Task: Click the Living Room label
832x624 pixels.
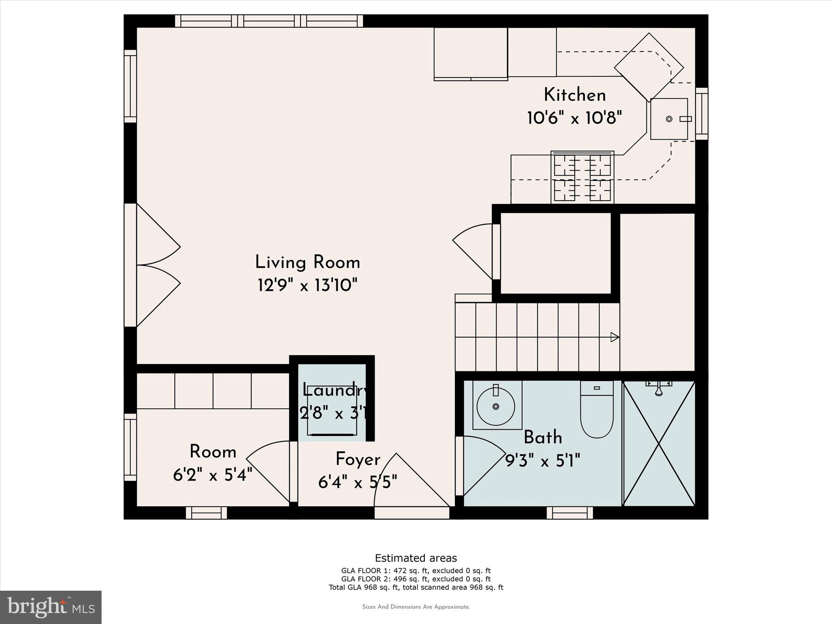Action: (308, 262)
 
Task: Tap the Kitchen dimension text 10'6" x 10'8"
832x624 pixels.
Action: (574, 118)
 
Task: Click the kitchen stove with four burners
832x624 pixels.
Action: (582, 177)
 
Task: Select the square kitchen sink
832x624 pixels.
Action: (669, 119)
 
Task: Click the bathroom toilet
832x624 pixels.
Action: (597, 410)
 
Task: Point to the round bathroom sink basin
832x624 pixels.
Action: (496, 406)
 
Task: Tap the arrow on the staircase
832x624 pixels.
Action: (615, 337)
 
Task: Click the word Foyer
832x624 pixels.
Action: (358, 459)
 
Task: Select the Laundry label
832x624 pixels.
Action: (336, 390)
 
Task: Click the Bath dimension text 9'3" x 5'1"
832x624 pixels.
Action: (542, 461)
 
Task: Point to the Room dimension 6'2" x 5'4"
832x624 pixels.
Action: (213, 474)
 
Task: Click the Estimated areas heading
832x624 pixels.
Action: (416, 558)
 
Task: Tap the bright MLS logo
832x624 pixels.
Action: (51, 607)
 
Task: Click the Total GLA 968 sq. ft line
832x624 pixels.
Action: (416, 587)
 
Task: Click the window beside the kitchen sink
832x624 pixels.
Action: (702, 114)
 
